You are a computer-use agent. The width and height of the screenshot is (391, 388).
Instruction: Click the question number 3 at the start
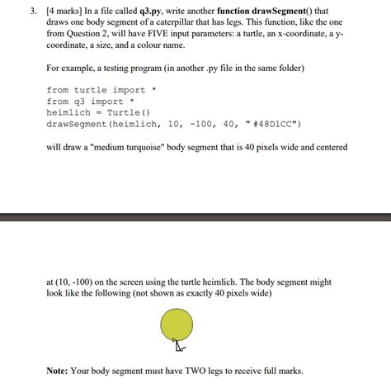[26, 13]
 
